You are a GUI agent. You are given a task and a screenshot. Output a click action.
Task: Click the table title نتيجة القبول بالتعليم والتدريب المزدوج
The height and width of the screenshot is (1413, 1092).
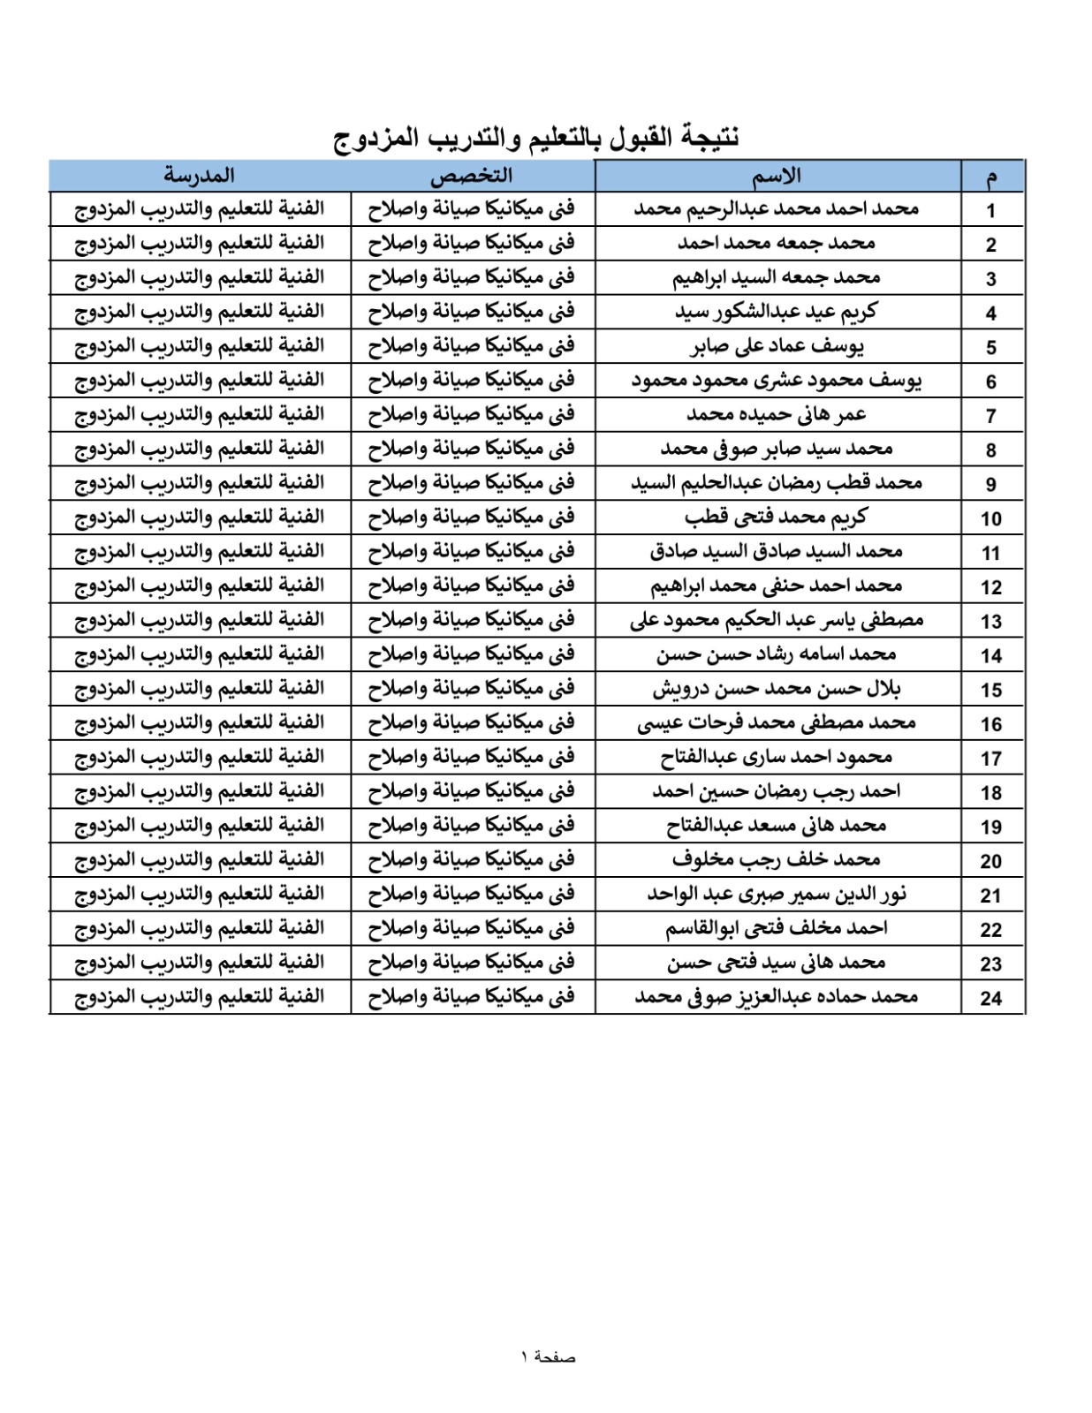coord(536,138)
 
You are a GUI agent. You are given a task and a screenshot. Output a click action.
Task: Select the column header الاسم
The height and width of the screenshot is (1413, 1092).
coord(777,176)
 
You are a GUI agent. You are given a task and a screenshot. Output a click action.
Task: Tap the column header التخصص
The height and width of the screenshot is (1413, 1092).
coord(472,176)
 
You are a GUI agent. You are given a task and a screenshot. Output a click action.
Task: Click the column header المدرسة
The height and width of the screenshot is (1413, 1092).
coord(199,175)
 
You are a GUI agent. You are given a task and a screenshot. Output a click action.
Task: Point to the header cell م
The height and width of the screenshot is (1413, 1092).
coord(991,177)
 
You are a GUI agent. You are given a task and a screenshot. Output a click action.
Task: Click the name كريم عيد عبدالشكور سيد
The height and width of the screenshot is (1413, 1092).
coord(777,312)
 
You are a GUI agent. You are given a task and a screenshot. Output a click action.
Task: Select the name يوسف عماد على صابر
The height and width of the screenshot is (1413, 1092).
coord(777,346)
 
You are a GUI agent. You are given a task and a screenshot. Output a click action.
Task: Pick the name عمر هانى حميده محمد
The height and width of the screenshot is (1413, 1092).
coord(777,414)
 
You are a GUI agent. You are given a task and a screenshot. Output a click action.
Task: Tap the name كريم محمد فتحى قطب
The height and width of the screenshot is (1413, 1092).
coord(777,517)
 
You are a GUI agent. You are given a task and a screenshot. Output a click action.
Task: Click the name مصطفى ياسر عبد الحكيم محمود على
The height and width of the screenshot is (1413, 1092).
coord(777,620)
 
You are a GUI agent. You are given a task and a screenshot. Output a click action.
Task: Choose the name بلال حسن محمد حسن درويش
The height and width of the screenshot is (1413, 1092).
coord(777,689)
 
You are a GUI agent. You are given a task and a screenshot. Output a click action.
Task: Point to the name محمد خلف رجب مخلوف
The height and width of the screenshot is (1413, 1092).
coord(777,859)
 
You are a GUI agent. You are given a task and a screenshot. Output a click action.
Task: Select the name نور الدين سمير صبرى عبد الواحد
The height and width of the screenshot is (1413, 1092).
coord(777,894)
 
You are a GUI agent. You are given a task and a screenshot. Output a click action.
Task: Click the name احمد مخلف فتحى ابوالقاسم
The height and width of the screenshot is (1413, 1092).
coord(777,928)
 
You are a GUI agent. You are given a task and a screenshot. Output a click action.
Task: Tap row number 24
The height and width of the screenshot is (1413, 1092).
coord(991,998)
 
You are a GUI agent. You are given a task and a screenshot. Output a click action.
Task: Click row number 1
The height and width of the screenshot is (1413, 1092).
coord(991,210)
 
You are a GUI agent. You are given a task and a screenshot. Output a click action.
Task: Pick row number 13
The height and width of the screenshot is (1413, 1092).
coord(991,621)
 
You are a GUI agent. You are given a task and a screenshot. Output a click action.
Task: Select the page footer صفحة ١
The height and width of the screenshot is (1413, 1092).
coord(548,1356)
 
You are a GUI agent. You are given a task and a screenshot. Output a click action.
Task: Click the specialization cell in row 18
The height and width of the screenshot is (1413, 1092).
coord(472,791)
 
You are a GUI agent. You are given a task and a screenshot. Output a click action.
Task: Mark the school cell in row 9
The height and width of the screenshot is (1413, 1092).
coord(199,483)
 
